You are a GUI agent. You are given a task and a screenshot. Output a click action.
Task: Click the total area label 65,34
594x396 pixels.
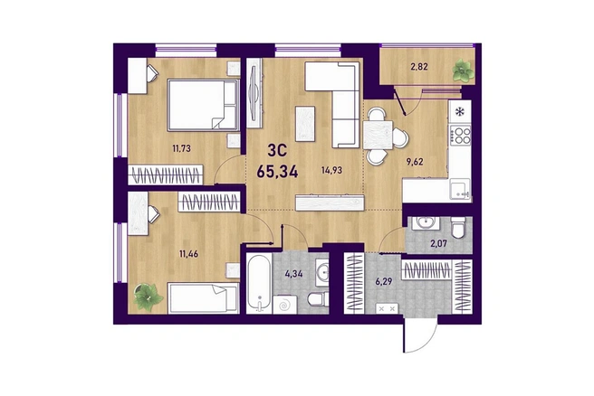277,172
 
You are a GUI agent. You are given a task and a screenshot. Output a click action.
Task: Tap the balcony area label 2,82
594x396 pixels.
419,67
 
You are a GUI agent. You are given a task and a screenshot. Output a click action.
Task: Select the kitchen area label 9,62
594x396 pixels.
415,162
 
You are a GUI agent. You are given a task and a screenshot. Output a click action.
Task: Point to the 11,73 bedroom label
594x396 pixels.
181,148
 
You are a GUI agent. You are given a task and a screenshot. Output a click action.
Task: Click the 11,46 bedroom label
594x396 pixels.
188,254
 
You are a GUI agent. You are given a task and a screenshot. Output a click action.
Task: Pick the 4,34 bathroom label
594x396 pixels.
293,273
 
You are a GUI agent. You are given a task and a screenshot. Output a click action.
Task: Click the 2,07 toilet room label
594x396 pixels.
438,243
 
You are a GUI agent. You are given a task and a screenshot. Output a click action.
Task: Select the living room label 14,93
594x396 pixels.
331,170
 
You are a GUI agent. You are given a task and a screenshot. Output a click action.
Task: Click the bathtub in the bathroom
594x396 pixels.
259,283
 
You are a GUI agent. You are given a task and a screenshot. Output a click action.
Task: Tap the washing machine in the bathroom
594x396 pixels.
284,305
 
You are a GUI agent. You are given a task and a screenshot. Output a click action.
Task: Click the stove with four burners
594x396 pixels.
460,136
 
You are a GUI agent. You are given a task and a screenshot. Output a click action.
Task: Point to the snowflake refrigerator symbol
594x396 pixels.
459,111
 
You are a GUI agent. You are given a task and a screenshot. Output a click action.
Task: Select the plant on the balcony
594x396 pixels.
463,71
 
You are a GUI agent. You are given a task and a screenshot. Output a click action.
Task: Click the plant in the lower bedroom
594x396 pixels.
148,297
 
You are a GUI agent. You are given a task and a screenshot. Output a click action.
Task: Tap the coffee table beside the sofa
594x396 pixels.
305,124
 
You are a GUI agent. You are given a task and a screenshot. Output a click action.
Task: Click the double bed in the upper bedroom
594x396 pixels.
203,105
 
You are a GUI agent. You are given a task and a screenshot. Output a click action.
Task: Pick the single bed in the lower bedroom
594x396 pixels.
204,298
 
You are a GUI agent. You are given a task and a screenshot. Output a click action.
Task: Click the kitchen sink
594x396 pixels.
459,189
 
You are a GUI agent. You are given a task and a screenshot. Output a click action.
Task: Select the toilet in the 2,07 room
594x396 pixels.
457,227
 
